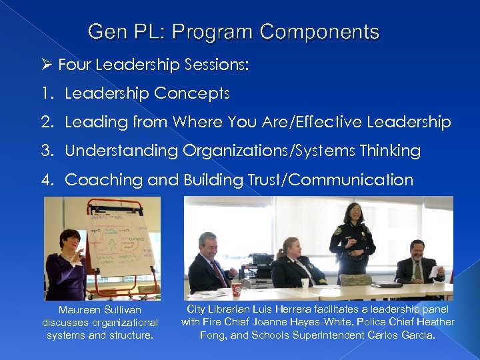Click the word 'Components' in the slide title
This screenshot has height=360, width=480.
pyautogui.click(x=320, y=32)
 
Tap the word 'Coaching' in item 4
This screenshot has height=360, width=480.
pyautogui.click(x=98, y=180)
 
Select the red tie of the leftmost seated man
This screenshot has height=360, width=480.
pyautogui.click(x=219, y=271)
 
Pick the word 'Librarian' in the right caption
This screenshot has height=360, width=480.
pyautogui.click(x=233, y=309)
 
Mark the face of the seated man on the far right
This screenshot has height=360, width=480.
pyautogui.click(x=417, y=251)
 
